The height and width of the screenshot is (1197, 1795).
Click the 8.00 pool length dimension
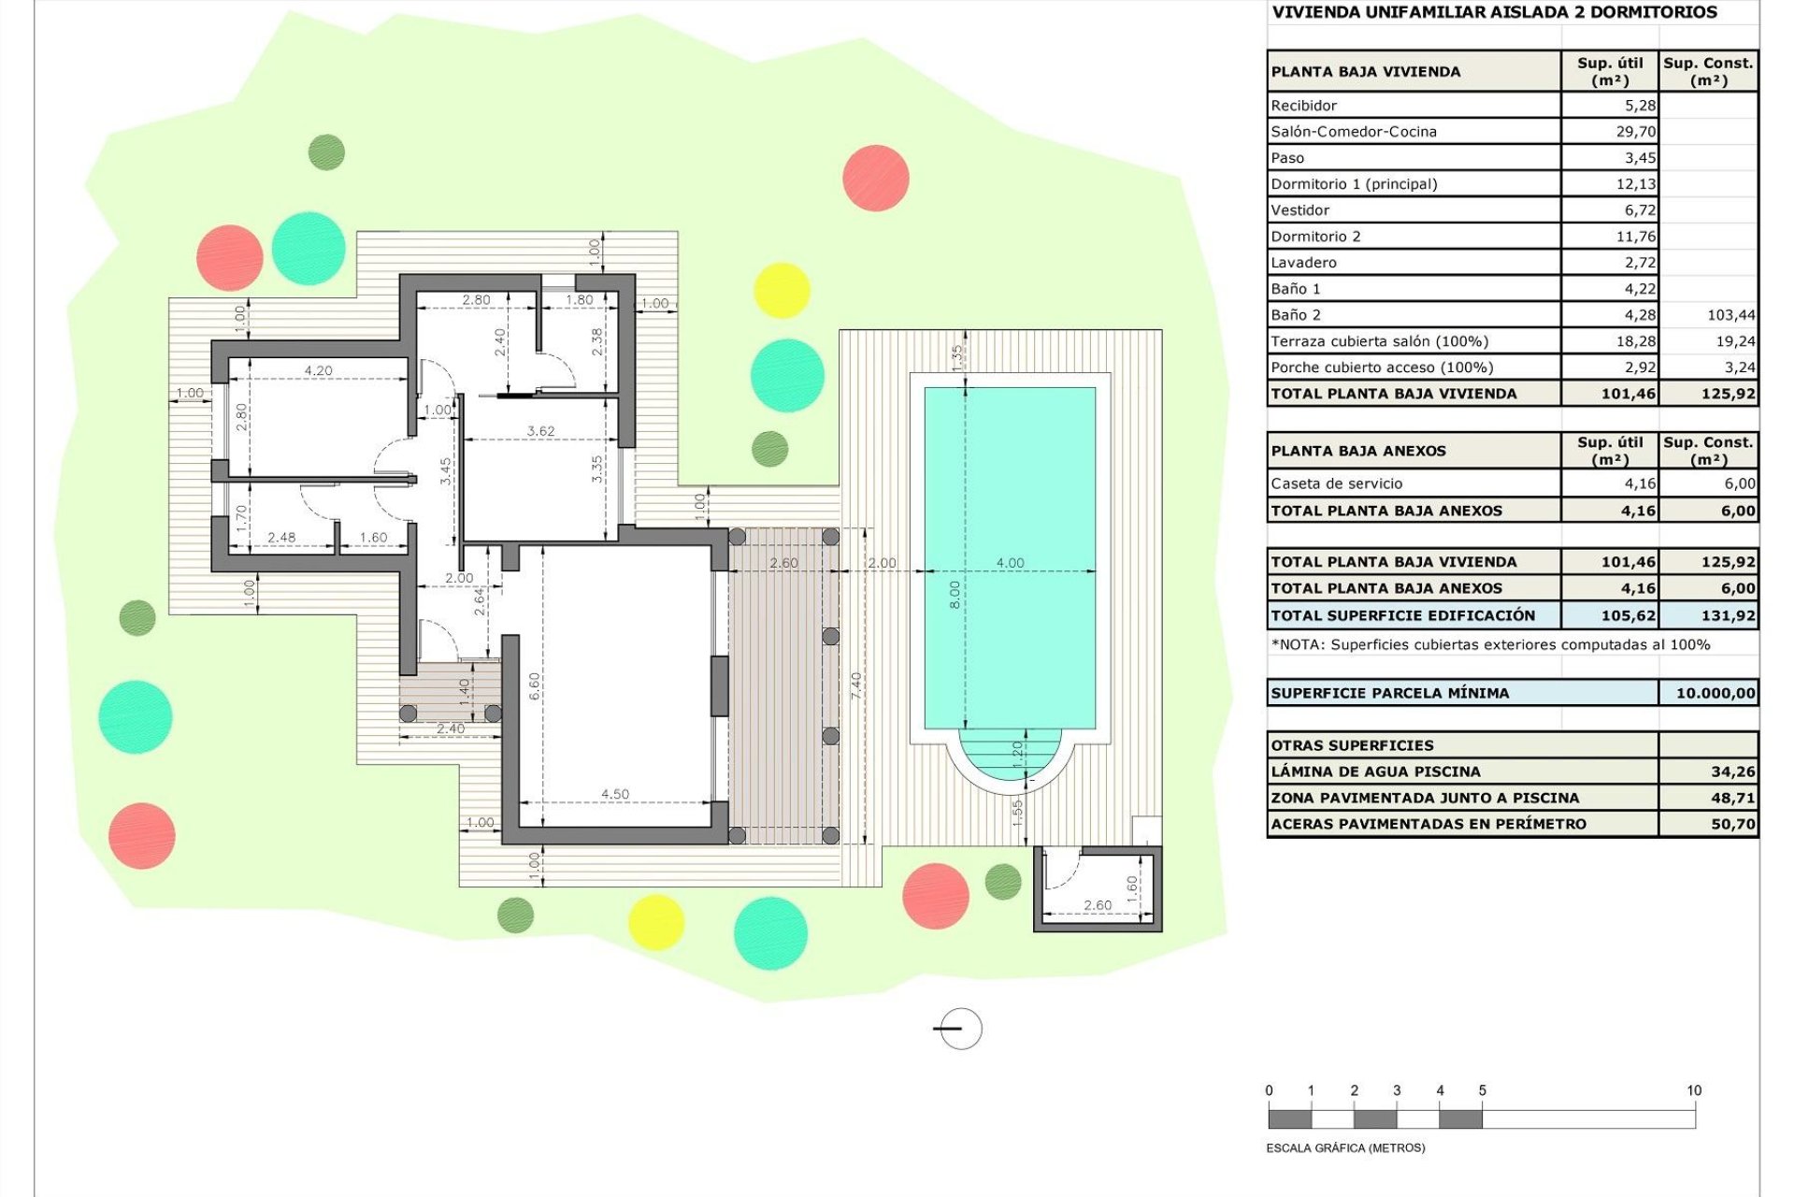954,594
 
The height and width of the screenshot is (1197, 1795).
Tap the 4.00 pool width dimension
1010,563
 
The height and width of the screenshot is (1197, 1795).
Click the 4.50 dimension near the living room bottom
614,794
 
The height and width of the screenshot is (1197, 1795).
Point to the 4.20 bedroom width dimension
318,370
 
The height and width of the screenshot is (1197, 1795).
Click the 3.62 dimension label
540,431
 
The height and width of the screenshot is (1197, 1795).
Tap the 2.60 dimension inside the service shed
1098,904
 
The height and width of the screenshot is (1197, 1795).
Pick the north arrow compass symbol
959,1029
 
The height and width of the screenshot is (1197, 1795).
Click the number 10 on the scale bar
1693,1090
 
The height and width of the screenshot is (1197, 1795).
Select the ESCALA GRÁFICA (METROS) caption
1345,1147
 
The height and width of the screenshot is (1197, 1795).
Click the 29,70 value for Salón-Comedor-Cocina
1636,132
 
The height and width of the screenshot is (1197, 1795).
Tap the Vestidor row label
1300,210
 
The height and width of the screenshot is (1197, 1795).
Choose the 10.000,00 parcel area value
1715,693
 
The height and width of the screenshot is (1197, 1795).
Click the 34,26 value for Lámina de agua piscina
1732,772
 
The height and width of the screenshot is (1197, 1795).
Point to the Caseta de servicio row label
1336,483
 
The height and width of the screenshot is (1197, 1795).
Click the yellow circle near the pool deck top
782,290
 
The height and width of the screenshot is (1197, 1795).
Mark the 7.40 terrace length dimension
856,685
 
